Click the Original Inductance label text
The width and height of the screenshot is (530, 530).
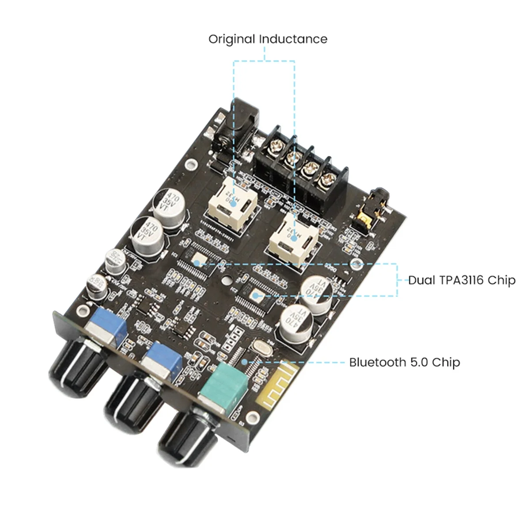(268, 39)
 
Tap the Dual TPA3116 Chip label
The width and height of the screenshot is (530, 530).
(462, 280)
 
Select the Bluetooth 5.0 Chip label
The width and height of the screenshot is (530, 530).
(405, 362)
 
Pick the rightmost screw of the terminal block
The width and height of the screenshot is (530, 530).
(328, 178)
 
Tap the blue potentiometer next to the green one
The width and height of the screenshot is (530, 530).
(164, 357)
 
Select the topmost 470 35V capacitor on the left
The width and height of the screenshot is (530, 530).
(170, 204)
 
